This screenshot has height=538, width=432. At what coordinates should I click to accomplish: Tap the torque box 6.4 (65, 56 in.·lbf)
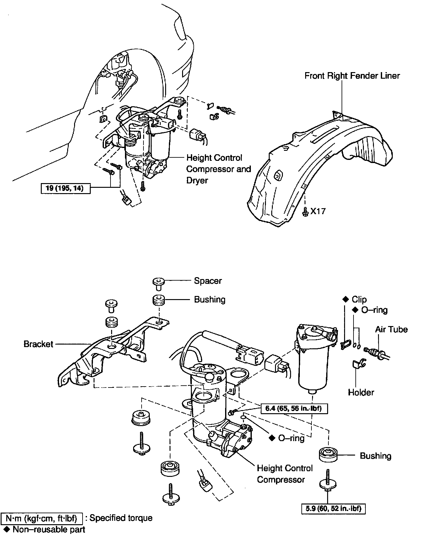pyautogui.click(x=294, y=409)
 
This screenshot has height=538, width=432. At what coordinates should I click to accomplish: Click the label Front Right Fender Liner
pyautogui.click(x=352, y=76)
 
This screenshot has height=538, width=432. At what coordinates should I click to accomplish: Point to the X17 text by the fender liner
pyautogui.click(x=318, y=211)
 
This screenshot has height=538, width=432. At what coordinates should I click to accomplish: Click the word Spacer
pyautogui.click(x=208, y=281)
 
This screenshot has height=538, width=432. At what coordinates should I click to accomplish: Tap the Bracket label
pyautogui.click(x=38, y=344)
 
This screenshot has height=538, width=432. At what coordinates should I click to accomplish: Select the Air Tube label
pyautogui.click(x=391, y=329)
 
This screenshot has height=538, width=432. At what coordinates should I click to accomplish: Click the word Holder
pyautogui.click(x=361, y=392)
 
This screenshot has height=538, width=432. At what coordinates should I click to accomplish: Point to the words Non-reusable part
pyautogui.click(x=49, y=530)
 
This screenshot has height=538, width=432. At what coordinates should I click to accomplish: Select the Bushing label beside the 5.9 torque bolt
pyautogui.click(x=375, y=456)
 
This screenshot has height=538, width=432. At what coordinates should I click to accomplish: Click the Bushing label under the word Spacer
pyautogui.click(x=210, y=299)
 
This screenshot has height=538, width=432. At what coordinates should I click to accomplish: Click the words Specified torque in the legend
pyautogui.click(x=121, y=518)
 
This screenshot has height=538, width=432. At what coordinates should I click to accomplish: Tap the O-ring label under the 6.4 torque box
pyautogui.click(x=291, y=438)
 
